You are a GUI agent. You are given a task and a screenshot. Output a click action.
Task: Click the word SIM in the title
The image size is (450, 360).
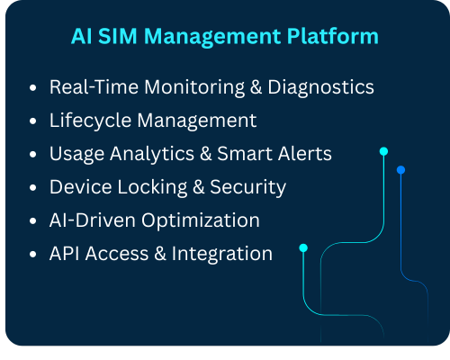pyautogui.click(x=118, y=36)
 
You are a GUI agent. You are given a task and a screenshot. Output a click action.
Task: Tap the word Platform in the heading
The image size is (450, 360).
pyautogui.click(x=333, y=36)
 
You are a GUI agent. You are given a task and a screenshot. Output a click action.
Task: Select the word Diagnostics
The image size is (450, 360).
pyautogui.click(x=320, y=87)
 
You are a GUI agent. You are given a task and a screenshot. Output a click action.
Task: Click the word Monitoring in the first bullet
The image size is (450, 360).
pyautogui.click(x=194, y=87)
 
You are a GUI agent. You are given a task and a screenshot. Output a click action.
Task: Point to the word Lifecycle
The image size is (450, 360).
pyautogui.click(x=91, y=121)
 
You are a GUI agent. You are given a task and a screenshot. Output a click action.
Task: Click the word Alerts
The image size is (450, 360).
pyautogui.click(x=304, y=154)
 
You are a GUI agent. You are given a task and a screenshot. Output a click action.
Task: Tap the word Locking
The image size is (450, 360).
pyautogui.click(x=153, y=187)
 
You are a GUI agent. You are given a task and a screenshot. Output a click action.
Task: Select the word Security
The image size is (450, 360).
pyautogui.click(x=247, y=187)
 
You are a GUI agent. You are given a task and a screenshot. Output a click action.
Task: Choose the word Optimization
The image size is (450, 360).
pyautogui.click(x=201, y=220)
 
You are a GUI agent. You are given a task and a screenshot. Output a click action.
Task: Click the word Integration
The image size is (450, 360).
pyautogui.click(x=222, y=254)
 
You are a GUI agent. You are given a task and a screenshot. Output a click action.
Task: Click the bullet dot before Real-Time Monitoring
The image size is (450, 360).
pyautogui.click(x=33, y=88)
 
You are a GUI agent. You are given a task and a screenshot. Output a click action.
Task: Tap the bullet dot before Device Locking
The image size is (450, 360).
pyautogui.click(x=33, y=188)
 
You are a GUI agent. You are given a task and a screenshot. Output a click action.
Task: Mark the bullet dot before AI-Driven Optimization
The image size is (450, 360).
pyautogui.click(x=33, y=221)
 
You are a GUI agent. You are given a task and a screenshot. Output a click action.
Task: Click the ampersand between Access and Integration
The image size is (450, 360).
pyautogui.click(x=160, y=254)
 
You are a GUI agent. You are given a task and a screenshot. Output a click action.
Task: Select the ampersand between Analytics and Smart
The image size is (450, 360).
pyautogui.click(x=206, y=154)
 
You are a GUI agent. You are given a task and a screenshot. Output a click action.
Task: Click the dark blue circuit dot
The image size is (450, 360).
pyautogui.click(x=400, y=170)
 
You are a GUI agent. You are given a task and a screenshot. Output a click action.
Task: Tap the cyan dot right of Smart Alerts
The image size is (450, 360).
pyautogui.click(x=383, y=151)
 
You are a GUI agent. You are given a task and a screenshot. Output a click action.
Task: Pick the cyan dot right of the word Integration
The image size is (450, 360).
pyautogui.click(x=303, y=248)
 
